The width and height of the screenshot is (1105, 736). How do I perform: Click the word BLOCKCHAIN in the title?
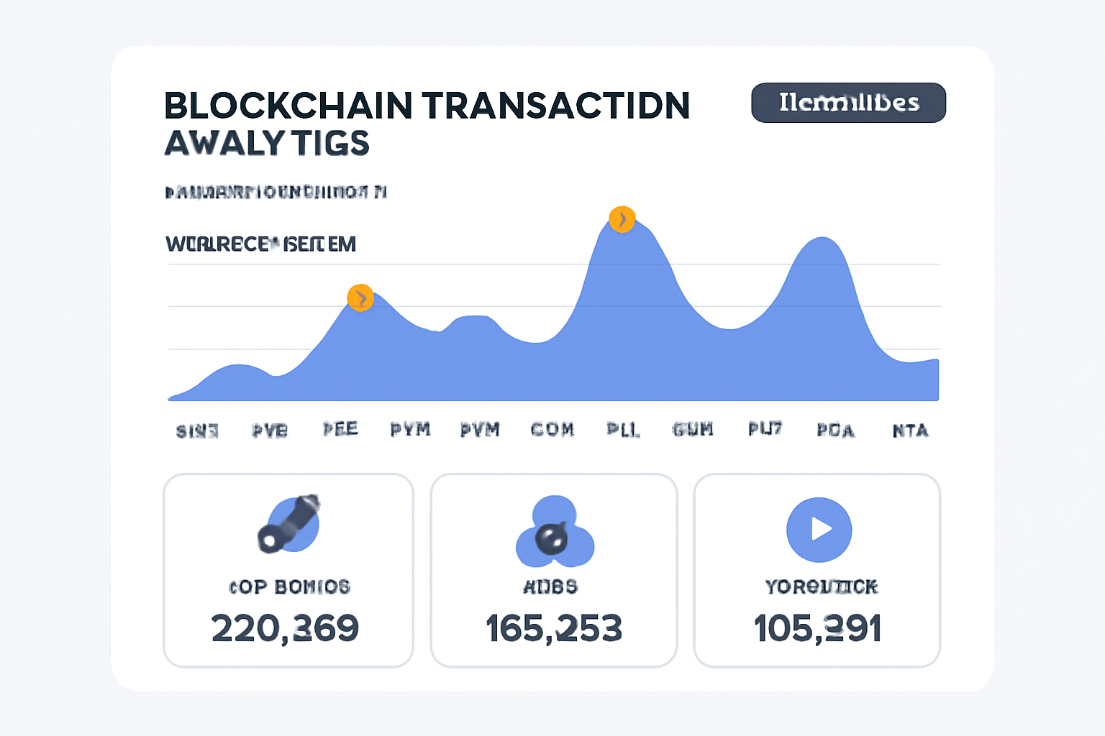[288, 106]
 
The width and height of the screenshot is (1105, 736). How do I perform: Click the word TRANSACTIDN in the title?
[556, 106]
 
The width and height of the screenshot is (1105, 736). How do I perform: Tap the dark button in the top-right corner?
[848, 103]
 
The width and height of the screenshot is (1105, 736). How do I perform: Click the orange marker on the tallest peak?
[622, 219]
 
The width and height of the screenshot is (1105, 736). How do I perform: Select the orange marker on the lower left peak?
[360, 298]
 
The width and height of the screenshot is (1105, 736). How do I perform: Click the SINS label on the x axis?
[197, 431]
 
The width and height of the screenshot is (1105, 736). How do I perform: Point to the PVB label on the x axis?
[270, 431]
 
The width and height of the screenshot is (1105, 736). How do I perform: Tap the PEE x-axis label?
[340, 429]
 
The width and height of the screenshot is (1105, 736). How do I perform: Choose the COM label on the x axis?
[552, 430]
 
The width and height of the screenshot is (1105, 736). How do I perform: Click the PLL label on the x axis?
[623, 430]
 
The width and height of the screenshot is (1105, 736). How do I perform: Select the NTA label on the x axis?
[910, 431]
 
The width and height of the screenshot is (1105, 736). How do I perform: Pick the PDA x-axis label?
[836, 431]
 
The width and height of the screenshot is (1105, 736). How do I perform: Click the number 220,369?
[285, 628]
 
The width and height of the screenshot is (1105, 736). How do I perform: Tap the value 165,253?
[553, 628]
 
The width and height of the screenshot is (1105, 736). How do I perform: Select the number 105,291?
[817, 628]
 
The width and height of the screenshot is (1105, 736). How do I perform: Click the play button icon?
[819, 530]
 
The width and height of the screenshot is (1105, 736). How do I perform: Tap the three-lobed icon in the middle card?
[554, 533]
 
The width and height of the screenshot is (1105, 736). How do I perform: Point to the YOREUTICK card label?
[821, 586]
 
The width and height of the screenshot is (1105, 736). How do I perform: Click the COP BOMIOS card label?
[289, 586]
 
